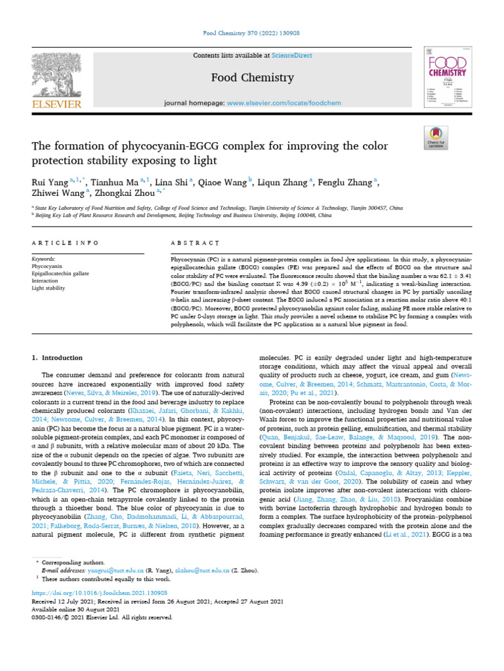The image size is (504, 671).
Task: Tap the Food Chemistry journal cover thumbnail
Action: point(448,80)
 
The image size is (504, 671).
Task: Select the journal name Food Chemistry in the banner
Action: point(252,78)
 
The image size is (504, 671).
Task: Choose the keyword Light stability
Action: point(49,287)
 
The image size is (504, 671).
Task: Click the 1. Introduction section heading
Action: point(58,358)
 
